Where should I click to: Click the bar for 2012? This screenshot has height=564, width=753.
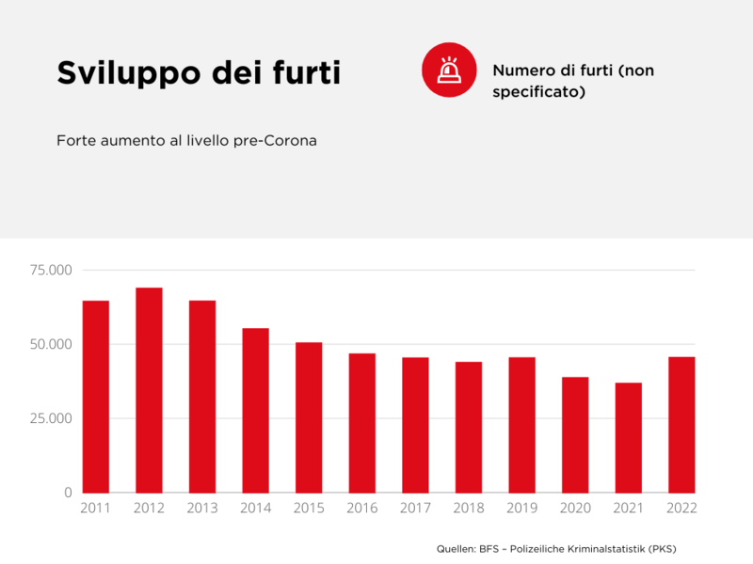[149, 390]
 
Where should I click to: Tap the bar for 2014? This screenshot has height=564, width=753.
[255, 410]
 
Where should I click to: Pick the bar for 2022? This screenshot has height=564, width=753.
[681, 425]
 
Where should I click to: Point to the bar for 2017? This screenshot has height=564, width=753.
[415, 425]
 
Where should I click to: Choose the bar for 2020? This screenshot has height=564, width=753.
[575, 434]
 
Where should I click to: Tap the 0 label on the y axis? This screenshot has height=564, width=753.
[67, 493]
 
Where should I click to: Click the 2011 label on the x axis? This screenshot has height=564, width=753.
[95, 509]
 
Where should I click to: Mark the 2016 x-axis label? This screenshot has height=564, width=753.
[361, 509]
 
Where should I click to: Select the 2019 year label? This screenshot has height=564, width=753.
[521, 509]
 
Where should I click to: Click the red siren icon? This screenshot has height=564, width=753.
[448, 70]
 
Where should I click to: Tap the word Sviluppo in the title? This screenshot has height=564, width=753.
[116, 73]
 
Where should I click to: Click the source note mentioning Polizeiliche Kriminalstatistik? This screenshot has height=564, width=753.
[556, 549]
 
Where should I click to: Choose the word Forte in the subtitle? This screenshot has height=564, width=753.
[74, 141]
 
